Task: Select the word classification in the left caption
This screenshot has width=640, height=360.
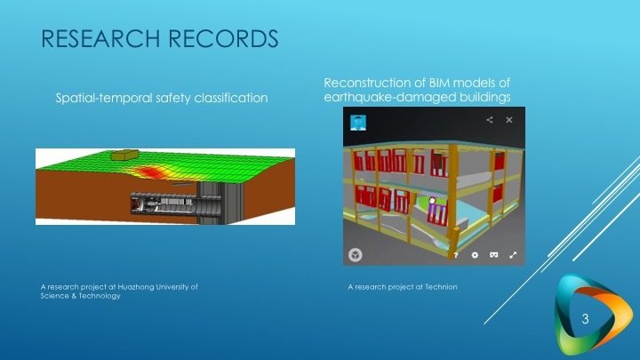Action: [x=228, y=97]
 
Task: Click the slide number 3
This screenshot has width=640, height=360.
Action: [x=585, y=318]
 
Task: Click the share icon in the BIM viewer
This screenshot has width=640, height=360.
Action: [x=490, y=119]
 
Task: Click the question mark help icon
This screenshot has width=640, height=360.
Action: [x=456, y=255]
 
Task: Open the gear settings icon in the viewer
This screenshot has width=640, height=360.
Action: [x=476, y=255]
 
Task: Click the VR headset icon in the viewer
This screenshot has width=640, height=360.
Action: [x=494, y=255]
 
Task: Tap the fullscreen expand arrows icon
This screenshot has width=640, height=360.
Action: [x=513, y=255]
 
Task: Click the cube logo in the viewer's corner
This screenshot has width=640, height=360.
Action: [x=355, y=255]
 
